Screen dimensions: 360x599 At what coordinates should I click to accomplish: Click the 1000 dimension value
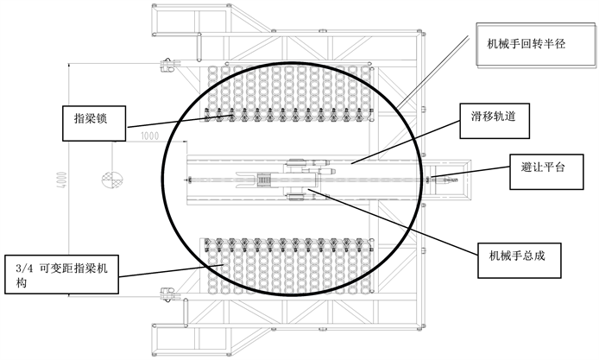151,136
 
